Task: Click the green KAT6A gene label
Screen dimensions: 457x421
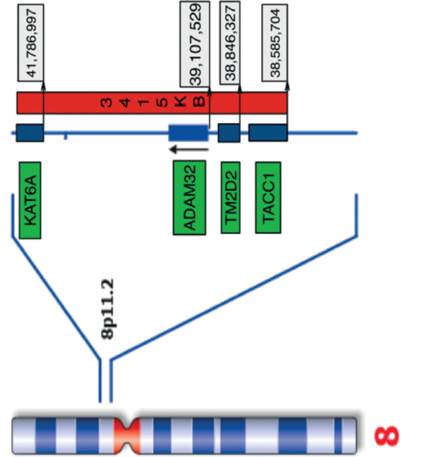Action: [x=31, y=200]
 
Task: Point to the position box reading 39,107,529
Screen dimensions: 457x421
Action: [x=195, y=44]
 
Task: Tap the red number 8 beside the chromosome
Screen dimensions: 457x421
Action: [x=391, y=432]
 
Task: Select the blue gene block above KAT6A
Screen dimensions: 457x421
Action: [x=31, y=133]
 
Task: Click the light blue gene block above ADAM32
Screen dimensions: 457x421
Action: [x=188, y=133]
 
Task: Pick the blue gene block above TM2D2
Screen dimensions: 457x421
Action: [x=228, y=133]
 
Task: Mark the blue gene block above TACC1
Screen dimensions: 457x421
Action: [x=268, y=133]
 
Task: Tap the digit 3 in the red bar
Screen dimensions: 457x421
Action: [x=110, y=103]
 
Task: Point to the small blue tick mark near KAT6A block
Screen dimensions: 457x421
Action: [x=66, y=136]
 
